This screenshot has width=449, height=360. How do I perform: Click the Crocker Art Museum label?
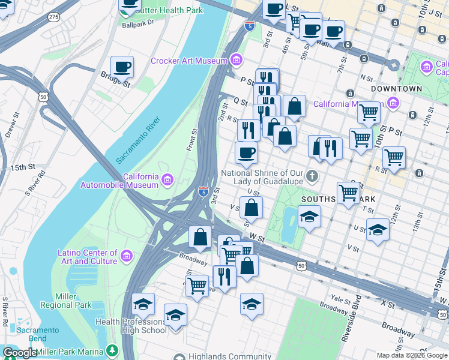point(188,61)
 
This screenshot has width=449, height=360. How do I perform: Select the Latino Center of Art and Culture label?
point(88,257)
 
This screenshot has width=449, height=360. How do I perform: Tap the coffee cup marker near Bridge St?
point(122,68)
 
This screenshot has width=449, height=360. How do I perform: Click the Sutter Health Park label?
point(170,10)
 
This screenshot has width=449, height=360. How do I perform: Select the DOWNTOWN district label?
point(396,89)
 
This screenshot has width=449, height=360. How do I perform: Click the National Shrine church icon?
point(312,176)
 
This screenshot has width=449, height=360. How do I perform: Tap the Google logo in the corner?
point(20,353)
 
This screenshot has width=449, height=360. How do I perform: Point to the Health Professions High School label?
point(131,326)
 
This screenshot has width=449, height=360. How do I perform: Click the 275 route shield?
point(54,17)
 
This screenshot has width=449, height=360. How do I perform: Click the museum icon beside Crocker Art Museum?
point(237,60)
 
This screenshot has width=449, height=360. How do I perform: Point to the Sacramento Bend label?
point(38,335)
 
